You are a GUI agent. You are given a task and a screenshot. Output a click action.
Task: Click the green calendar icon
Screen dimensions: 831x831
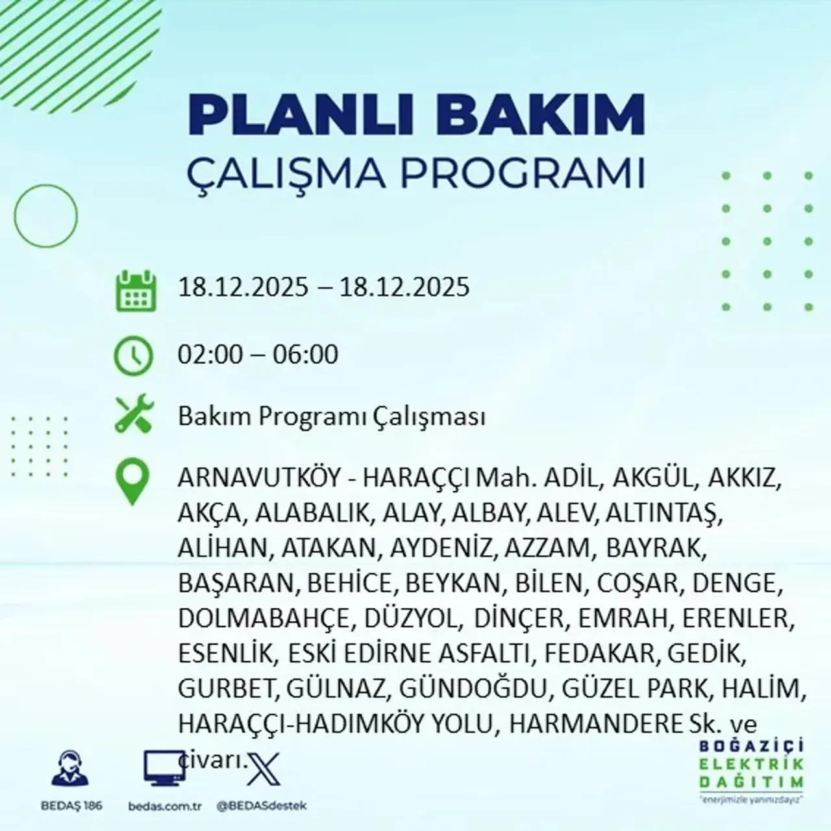click(x=136, y=290)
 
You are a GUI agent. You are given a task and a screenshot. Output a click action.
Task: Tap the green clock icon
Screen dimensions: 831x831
click(x=134, y=356)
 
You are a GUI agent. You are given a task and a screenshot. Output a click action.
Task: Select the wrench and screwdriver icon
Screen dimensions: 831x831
click(x=134, y=415)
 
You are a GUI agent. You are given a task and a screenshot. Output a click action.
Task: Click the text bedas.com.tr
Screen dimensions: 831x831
click(x=165, y=806)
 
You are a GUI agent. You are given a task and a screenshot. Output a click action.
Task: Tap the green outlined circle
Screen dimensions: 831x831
click(x=45, y=214)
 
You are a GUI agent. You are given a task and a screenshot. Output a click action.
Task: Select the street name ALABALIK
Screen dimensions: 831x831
click(x=313, y=514)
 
